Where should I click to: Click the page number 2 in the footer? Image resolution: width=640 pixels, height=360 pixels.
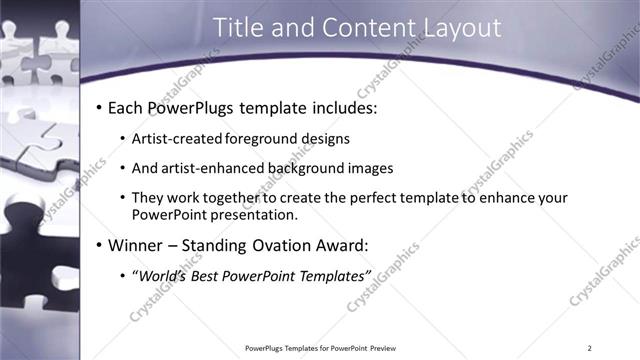click(x=589, y=348)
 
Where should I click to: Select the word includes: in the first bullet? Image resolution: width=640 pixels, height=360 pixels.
click(x=344, y=107)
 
